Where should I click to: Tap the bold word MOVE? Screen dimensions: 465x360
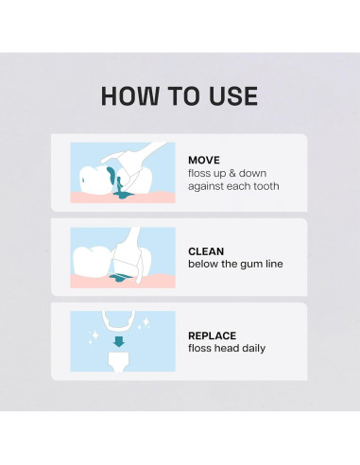(x=205, y=160)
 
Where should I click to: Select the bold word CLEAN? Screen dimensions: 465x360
(x=207, y=251)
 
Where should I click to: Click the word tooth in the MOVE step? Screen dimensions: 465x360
(x=265, y=186)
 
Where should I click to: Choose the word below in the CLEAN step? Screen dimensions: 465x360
(x=204, y=265)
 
